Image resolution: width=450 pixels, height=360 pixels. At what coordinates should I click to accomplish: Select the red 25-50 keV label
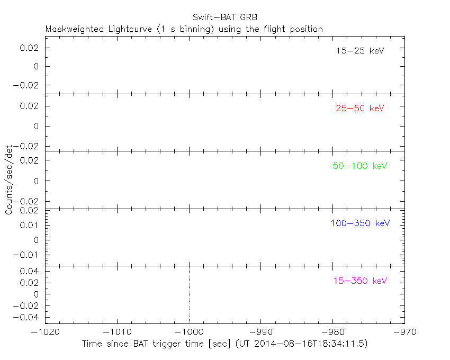[359, 108]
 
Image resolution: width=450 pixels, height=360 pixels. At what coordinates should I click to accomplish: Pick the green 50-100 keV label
[360, 166]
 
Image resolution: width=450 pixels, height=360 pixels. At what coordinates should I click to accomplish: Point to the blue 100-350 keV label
[360, 223]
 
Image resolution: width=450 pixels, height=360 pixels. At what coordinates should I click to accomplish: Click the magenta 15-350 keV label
[360, 281]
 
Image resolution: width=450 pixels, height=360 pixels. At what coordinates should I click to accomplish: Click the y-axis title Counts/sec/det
[9, 181]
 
